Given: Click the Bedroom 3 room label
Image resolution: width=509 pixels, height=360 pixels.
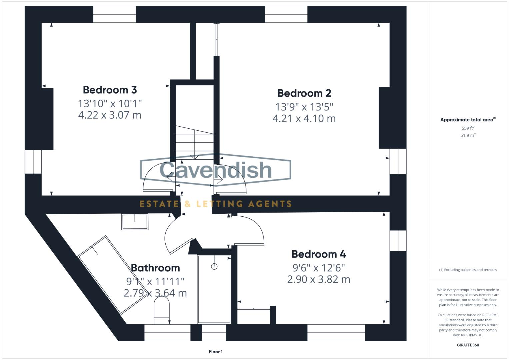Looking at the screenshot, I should [x=110, y=90].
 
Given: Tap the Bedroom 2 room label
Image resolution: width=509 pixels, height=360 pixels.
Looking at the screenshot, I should [x=304, y=93].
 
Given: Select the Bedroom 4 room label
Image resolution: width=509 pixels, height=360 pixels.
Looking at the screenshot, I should [x=318, y=254].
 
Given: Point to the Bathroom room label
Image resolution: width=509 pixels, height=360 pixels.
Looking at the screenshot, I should [x=155, y=268].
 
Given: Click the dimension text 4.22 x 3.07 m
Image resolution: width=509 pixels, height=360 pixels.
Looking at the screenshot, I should [x=110, y=115].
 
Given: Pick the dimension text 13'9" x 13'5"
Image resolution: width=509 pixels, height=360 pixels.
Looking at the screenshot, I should [x=304, y=107].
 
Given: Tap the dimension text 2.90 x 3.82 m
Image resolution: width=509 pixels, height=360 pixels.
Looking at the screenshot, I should [x=318, y=279].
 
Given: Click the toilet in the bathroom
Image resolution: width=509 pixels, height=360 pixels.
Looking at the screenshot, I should [x=162, y=310].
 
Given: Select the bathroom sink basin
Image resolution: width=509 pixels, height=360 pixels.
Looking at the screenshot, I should [x=135, y=222].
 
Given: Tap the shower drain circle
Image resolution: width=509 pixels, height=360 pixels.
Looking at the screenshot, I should [x=214, y=266].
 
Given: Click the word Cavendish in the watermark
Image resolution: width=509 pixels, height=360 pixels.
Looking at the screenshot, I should [x=216, y=170].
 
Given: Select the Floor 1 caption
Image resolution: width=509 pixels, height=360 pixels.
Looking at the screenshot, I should [x=216, y=352].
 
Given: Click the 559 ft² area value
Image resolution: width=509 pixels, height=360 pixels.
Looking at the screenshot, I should [x=468, y=128].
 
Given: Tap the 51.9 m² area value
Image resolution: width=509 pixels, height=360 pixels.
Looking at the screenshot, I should [x=468, y=135].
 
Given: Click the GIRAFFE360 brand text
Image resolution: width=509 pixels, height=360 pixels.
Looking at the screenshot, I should [x=468, y=345].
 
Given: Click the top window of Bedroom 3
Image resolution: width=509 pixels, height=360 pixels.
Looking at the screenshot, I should [x=114, y=14].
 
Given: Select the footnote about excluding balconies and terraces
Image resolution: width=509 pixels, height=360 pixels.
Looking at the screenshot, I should [x=468, y=270].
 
